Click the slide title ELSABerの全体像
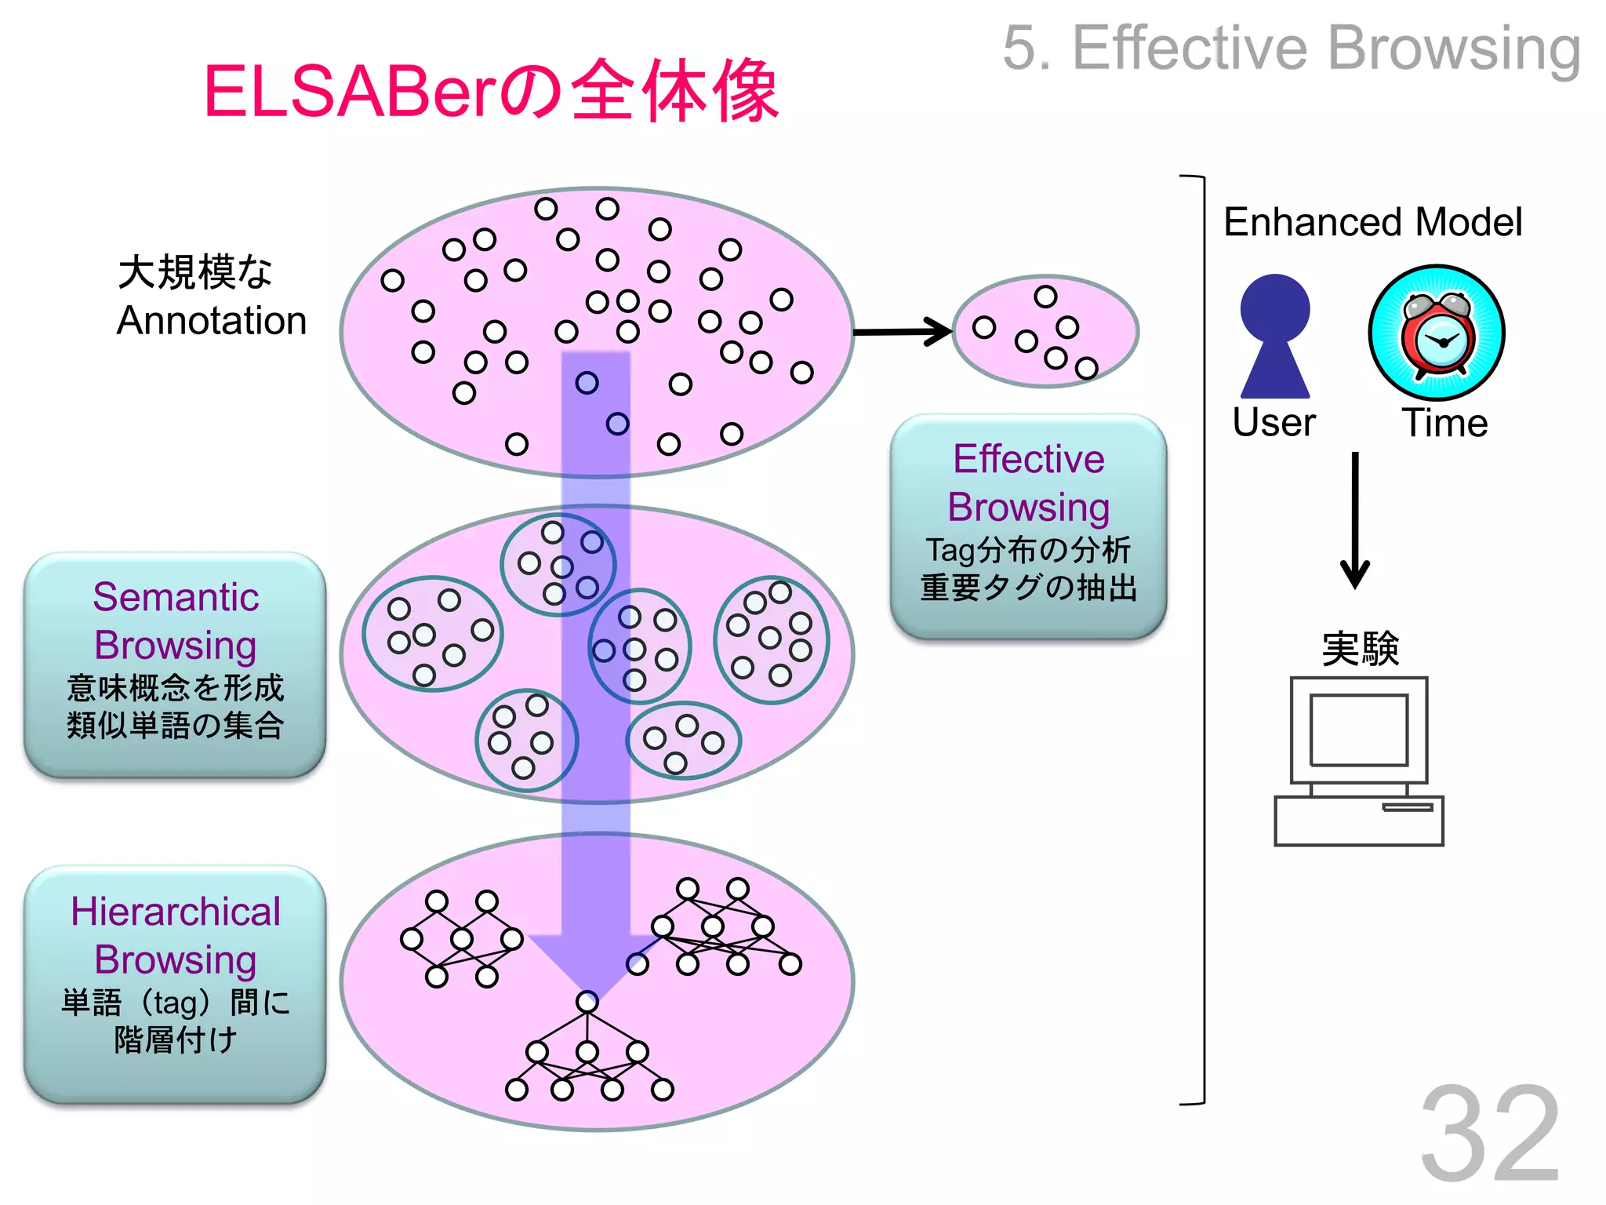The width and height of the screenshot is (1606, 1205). click(x=491, y=92)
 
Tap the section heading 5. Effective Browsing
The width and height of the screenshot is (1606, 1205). click(x=1291, y=49)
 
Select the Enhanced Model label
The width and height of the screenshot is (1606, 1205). click(x=1372, y=222)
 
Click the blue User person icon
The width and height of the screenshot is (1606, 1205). click(x=1274, y=336)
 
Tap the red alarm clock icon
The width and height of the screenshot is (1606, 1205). click(x=1437, y=334)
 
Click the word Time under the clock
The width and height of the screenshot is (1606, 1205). click(x=1444, y=424)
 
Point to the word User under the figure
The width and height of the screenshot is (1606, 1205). click(x=1274, y=423)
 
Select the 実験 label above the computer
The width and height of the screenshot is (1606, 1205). click(x=1360, y=649)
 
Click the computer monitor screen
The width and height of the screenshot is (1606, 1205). click(x=1359, y=730)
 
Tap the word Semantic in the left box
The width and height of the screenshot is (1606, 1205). click(x=176, y=597)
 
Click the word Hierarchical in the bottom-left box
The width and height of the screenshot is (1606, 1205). click(x=176, y=912)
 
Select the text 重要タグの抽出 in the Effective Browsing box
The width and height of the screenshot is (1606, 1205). click(x=1028, y=588)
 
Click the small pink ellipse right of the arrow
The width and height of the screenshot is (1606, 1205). click(x=1045, y=332)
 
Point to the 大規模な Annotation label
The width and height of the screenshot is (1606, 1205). click(x=210, y=297)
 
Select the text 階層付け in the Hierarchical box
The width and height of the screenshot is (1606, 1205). click(x=175, y=1040)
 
